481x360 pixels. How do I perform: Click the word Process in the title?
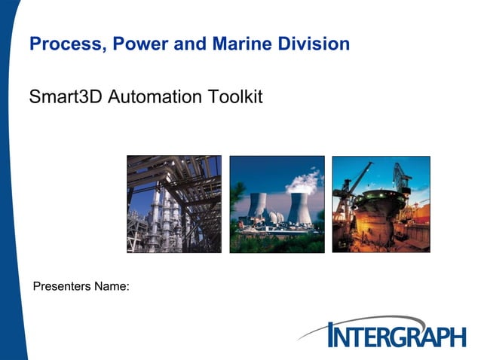(65, 44)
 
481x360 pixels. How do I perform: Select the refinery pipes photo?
(173, 204)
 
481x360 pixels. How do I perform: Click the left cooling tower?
(259, 206)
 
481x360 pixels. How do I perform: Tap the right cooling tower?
(299, 207)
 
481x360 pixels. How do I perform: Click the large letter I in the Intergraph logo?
(334, 334)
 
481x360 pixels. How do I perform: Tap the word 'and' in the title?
(188, 44)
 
